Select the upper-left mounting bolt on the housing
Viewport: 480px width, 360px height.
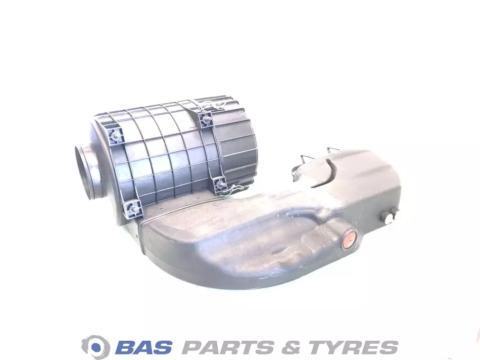115,135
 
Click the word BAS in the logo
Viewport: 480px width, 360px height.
144,348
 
